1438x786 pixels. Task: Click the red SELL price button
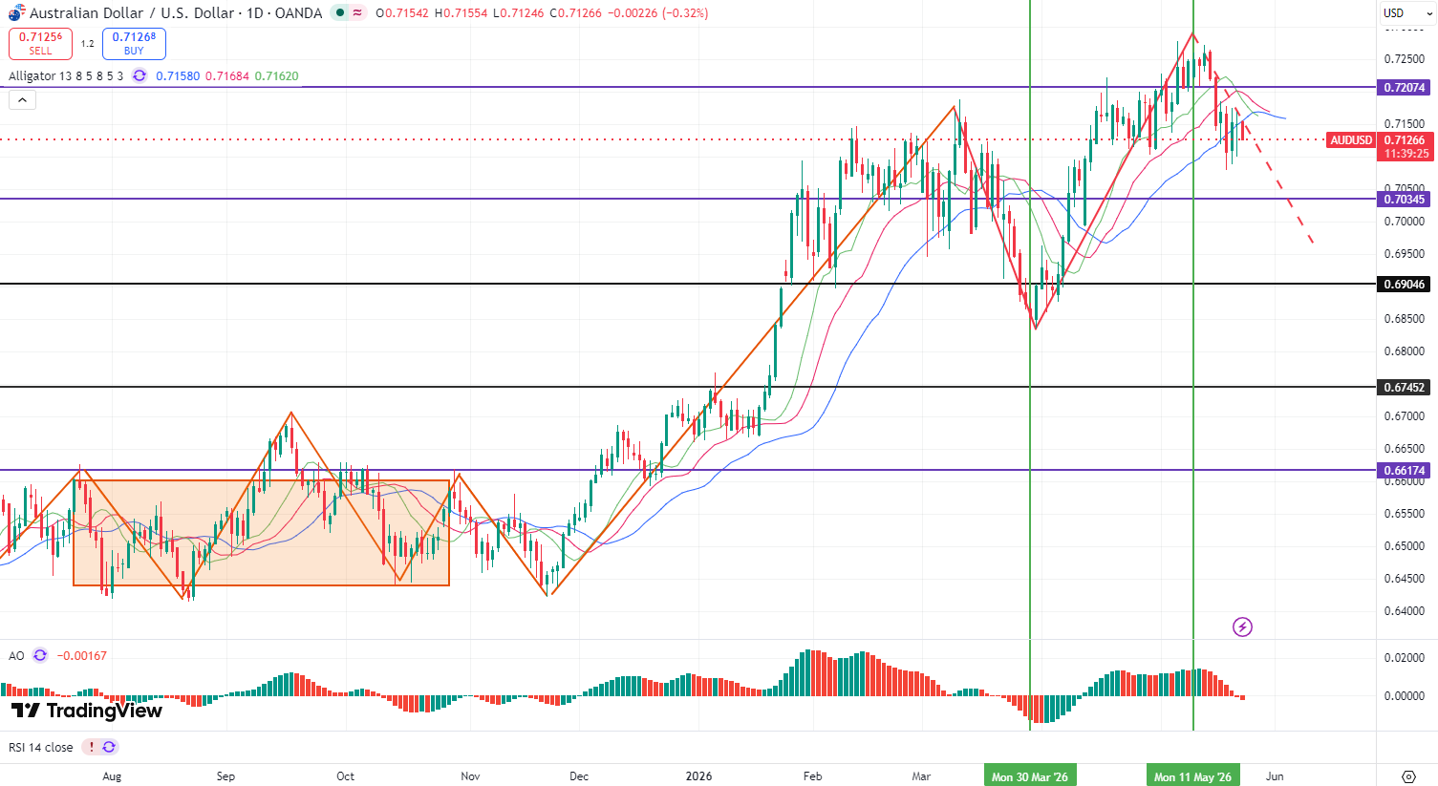40,44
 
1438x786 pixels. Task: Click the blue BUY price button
134,44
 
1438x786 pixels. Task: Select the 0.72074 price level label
1405,87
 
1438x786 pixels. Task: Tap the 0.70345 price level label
1405,199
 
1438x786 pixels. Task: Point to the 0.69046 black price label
1405,284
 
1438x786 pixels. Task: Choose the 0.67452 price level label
1405,387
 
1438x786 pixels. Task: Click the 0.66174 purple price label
1405,470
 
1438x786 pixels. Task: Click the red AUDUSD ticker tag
1351,139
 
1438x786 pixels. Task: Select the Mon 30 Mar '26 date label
1030,776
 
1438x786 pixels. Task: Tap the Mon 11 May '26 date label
1192,776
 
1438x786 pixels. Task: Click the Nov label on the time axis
470,776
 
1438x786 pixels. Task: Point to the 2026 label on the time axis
698,776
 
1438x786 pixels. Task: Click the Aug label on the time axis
112,776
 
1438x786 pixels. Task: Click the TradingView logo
87,711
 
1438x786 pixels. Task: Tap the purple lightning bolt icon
1242,627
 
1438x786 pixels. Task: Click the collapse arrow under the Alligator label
22,100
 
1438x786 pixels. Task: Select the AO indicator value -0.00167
81,656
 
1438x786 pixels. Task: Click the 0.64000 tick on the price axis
1405,611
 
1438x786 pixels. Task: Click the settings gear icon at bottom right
1408,776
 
